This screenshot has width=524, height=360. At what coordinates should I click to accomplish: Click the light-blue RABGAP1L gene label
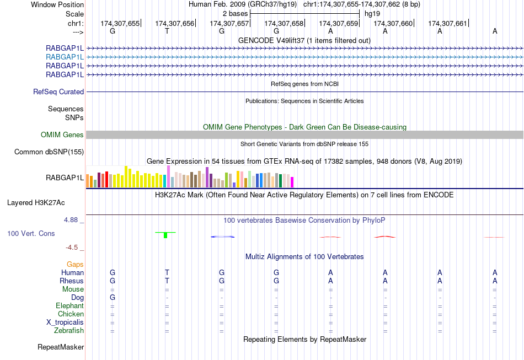[65, 57]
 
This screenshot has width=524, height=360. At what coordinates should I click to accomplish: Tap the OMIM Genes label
[62, 135]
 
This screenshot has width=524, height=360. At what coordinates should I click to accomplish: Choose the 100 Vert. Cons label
[31, 234]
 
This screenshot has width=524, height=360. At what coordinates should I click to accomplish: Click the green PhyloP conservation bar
[165, 235]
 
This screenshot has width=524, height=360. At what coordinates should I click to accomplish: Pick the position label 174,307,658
[284, 23]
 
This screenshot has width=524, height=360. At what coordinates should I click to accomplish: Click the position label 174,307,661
[447, 23]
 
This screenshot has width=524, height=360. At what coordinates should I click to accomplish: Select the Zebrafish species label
[69, 331]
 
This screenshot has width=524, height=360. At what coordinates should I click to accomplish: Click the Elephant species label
[69, 306]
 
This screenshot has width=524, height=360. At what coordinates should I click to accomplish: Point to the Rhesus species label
[71, 281]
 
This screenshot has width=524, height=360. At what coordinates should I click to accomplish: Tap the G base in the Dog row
[113, 298]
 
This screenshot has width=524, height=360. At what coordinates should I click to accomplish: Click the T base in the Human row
[167, 272]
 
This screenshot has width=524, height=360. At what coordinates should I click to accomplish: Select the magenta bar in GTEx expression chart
[292, 182]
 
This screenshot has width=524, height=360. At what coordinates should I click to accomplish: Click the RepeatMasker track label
[61, 347]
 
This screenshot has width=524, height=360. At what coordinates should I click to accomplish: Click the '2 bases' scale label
[235, 13]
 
